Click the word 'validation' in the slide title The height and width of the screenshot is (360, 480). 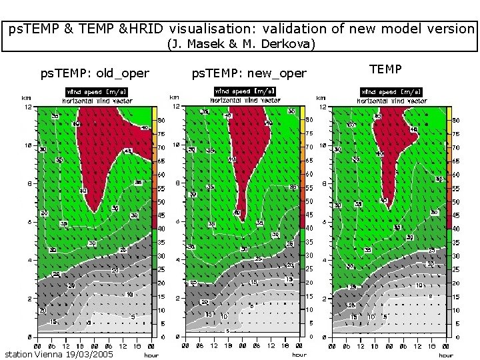click(292, 29)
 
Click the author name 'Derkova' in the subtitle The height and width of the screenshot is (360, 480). click(288, 45)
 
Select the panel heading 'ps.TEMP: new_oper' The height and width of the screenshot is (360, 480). click(249, 73)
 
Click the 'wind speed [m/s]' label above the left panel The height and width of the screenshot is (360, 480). click(97, 91)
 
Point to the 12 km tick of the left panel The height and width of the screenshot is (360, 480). click(29, 107)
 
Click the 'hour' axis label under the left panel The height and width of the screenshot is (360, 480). click(151, 355)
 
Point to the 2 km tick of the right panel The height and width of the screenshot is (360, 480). click(323, 299)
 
